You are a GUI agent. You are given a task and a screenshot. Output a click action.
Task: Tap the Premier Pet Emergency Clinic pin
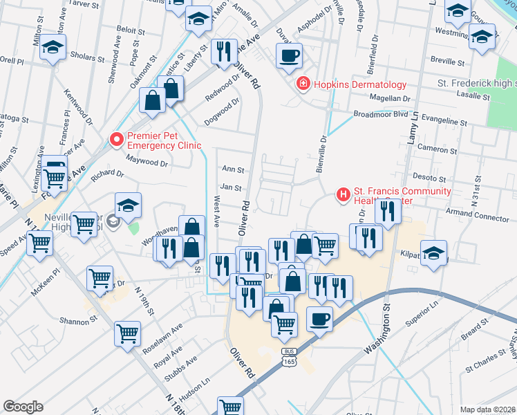pos(117,140)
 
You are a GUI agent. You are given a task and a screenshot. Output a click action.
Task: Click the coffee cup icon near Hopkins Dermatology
pos(289,55)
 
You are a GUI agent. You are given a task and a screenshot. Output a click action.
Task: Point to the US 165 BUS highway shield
pos(289,356)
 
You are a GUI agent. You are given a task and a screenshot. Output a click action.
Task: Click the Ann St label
pos(233,169)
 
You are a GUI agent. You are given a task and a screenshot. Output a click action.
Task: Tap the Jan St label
pos(230,187)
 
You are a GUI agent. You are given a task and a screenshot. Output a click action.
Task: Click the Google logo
pos(23,407)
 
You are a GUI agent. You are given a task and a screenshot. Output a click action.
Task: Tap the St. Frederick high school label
pos(477,83)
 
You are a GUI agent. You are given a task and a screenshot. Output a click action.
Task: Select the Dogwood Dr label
pos(222,112)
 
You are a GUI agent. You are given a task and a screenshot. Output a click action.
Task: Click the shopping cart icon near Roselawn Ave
pos(128,334)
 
